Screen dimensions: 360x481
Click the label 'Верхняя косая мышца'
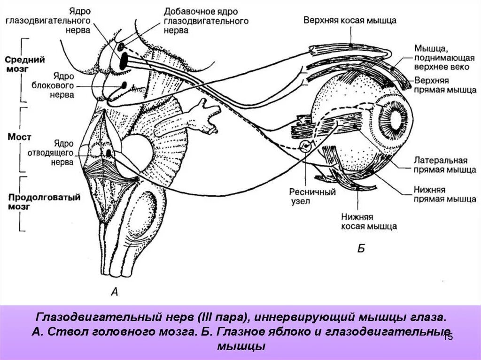[349, 21]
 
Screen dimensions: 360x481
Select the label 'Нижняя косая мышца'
[369, 222]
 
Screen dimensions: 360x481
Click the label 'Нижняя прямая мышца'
[444, 194]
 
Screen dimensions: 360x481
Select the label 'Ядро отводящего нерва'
[56, 152]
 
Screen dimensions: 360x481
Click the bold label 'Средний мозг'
[24, 64]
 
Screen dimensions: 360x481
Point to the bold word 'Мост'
[20, 137]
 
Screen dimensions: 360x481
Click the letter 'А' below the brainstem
[114, 292]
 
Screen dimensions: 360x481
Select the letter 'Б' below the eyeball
[361, 249]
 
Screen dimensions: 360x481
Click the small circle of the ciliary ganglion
[305, 146]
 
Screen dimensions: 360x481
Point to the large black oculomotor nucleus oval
[124, 60]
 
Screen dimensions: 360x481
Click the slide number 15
[448, 337]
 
